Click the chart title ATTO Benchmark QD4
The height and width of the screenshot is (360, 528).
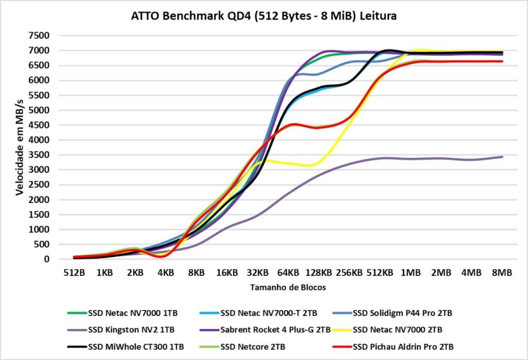[263, 17]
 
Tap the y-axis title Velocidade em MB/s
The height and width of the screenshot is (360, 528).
[20, 148]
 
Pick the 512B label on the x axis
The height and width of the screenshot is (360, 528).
[74, 272]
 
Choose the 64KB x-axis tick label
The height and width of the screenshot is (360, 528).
[288, 272]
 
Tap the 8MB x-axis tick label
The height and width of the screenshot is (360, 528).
[502, 272]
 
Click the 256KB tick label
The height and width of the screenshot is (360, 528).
[349, 272]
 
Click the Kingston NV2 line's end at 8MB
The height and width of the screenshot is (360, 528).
[502, 157]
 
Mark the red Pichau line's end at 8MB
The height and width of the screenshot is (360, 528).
[502, 61]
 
